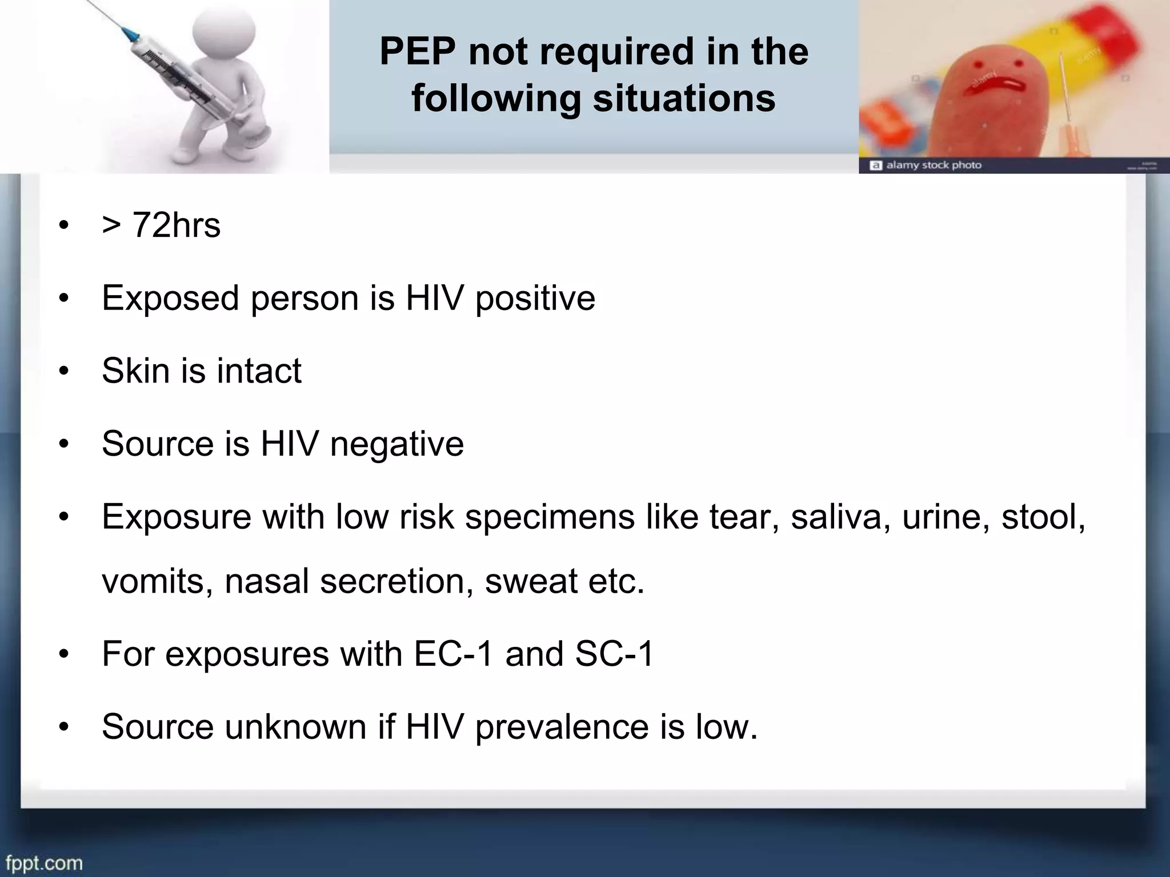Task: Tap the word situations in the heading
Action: tap(684, 98)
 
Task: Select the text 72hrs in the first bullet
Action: tap(176, 225)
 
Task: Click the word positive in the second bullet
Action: tap(535, 298)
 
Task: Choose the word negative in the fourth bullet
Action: tap(396, 444)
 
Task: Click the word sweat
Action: tap(531, 581)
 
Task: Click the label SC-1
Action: tap(614, 654)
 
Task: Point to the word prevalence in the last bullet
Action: tap(562, 727)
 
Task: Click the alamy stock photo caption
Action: tap(933, 165)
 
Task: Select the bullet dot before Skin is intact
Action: tap(64, 372)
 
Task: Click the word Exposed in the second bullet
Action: tap(170, 298)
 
